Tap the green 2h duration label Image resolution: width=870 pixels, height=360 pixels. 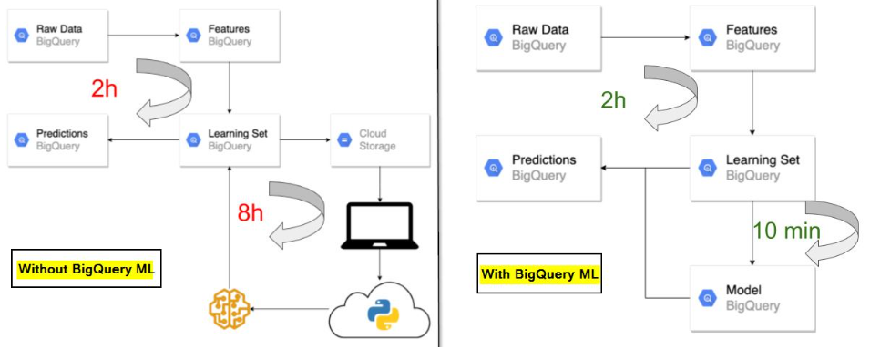613,99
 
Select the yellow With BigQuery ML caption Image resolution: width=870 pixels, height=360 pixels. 539,273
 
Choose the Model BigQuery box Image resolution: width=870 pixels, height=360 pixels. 752,298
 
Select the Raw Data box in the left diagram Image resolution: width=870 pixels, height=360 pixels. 58,36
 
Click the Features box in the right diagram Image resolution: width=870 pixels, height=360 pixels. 752,37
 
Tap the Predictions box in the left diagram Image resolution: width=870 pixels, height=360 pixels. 58,139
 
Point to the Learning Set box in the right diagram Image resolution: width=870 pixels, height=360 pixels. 752,168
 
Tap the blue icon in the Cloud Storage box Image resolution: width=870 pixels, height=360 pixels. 343,139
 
